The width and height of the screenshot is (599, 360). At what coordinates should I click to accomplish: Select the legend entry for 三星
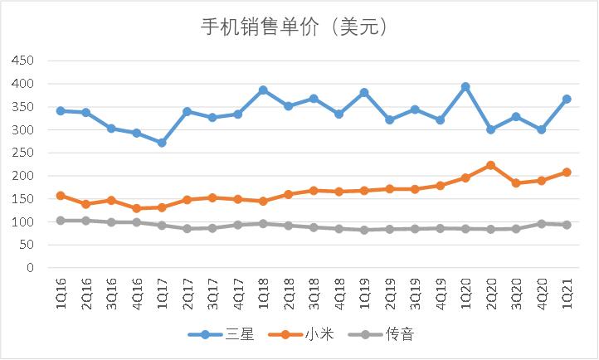coord(225,334)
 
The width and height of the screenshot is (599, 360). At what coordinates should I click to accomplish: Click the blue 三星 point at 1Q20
coord(465,86)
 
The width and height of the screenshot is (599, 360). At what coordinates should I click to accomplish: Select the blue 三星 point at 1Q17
coord(162,143)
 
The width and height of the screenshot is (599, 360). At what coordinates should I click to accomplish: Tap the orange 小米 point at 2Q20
coord(490,165)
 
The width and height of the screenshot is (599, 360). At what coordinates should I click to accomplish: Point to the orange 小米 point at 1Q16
coord(61,196)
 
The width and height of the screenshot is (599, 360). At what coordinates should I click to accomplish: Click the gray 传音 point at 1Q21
coord(567,225)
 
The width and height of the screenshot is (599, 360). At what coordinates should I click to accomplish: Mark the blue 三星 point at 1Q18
coord(263,90)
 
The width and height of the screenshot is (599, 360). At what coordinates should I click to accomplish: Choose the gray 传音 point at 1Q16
coord(61,221)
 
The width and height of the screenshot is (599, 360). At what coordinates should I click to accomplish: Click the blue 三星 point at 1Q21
coord(567,99)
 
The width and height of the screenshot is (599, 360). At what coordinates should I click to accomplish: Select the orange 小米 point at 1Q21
coord(567,173)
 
